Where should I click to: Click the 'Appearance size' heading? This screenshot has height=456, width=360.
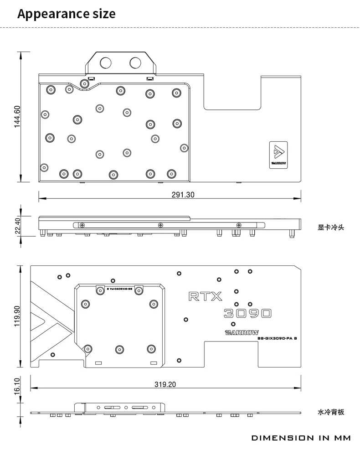click(67, 14)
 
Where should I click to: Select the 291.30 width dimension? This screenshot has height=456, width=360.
click(183, 195)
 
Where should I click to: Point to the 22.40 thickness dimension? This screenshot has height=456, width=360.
click(17, 226)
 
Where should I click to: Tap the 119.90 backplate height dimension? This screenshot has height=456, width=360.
click(17, 316)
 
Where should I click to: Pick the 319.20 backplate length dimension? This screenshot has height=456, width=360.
click(165, 384)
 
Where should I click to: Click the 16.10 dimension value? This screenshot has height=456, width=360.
click(17, 386)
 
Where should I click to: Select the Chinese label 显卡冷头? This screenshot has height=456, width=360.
click(331, 227)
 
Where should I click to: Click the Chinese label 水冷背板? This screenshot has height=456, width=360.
click(331, 412)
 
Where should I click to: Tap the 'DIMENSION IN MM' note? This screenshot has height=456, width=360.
click(301, 438)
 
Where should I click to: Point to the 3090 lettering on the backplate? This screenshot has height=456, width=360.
click(248, 313)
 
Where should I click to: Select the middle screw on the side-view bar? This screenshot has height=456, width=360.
click(160, 225)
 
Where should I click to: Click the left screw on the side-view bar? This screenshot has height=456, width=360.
click(82, 225)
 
